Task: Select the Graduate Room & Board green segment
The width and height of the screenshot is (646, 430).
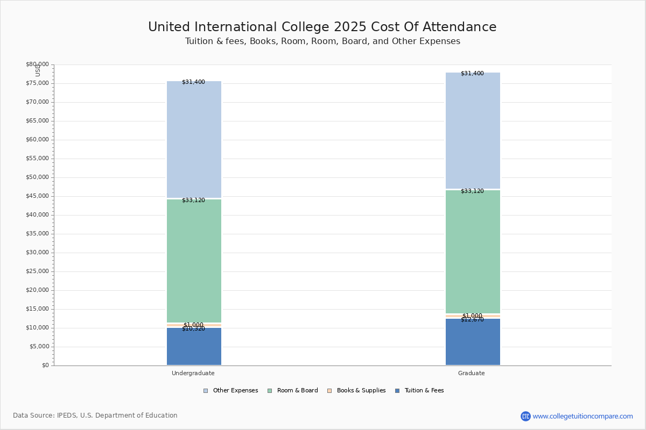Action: point(473,252)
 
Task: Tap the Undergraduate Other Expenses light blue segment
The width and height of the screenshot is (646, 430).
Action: point(194,140)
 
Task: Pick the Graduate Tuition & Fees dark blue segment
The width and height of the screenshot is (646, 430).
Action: point(473,343)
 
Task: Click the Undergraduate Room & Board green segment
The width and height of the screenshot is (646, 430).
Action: point(194,261)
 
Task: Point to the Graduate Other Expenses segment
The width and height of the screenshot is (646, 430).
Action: point(473,131)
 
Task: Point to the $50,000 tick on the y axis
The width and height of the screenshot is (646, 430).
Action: point(37,177)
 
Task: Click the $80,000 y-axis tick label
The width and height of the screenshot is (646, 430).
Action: point(37,64)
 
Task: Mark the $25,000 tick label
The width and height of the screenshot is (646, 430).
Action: point(37,271)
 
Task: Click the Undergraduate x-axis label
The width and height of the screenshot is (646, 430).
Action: point(193,373)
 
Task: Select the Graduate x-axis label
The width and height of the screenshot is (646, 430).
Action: point(472,373)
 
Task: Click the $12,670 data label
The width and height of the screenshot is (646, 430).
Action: point(472,320)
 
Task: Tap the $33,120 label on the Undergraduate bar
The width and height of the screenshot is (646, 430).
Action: point(193,200)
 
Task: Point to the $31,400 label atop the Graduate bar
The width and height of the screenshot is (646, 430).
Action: point(472,74)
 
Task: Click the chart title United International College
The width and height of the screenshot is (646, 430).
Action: point(322,27)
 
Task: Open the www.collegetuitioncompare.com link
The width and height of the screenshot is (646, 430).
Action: point(582,416)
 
